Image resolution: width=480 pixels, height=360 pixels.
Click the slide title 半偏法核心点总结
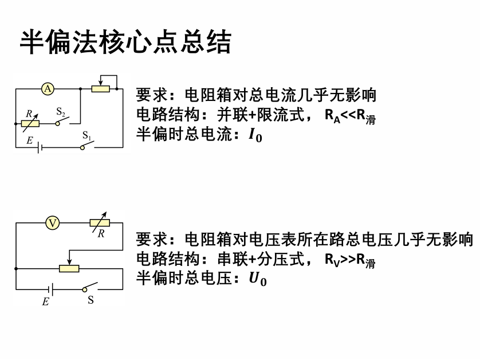pyautogui.click(x=125, y=42)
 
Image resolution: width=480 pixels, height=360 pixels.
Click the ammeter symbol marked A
pyautogui.click(x=48, y=88)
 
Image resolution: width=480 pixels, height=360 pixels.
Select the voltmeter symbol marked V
pyautogui.click(x=52, y=223)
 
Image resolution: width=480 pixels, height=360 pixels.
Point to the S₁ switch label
pyautogui.click(x=87, y=136)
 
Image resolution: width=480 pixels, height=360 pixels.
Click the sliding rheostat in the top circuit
pyautogui.click(x=101, y=88)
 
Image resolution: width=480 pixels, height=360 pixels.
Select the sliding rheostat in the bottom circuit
pyautogui.click(x=69, y=268)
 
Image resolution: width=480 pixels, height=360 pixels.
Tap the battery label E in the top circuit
pyautogui.click(x=29, y=139)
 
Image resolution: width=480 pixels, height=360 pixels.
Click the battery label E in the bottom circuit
pyautogui.click(x=45, y=302)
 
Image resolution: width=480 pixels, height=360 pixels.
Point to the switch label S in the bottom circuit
pyautogui.click(x=91, y=300)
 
